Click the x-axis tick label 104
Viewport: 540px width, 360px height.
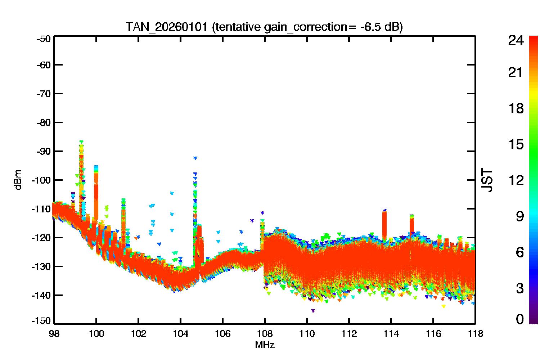click(x=180, y=334)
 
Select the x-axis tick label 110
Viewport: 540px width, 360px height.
click(x=307, y=334)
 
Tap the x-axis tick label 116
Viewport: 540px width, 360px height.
click(x=433, y=334)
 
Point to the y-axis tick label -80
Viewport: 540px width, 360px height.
click(x=44, y=123)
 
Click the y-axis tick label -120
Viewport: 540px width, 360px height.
click(x=41, y=238)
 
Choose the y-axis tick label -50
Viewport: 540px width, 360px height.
click(x=44, y=39)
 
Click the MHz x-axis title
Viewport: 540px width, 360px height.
click(x=265, y=345)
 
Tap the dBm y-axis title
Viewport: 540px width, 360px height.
click(x=18, y=180)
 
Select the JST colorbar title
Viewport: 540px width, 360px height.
click(x=487, y=180)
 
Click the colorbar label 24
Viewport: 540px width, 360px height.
click(x=516, y=40)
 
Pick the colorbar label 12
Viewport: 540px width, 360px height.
click(x=516, y=180)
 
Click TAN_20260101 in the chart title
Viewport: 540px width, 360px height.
click(x=167, y=27)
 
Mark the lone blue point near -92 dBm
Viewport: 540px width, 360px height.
click(x=195, y=158)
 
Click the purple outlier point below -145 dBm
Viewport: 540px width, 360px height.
click(x=313, y=311)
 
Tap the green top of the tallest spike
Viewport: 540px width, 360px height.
click(x=81, y=142)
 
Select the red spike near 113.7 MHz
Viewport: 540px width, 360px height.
click(x=384, y=225)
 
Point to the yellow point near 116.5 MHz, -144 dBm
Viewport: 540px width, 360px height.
click(x=443, y=306)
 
